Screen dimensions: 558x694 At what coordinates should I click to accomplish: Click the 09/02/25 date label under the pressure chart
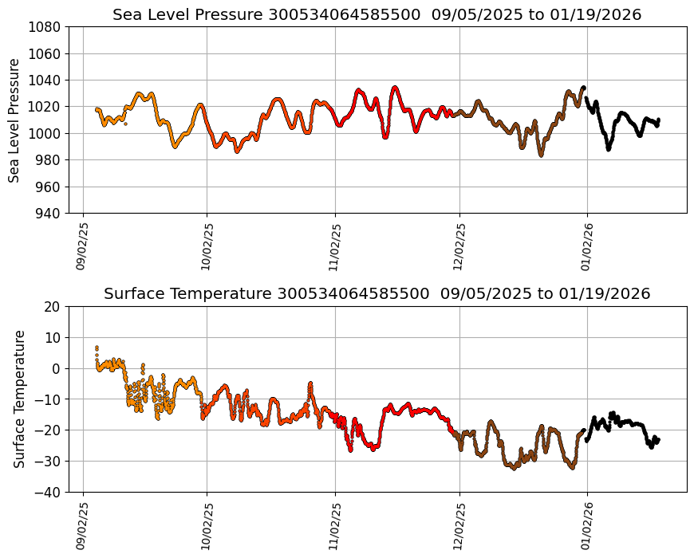(83, 246)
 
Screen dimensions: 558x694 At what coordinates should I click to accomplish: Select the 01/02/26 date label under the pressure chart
(587, 246)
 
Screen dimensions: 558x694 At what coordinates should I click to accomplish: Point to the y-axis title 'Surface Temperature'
(19, 399)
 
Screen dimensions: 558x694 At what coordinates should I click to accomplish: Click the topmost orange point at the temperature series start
(97, 348)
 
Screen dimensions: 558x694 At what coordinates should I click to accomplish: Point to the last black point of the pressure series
(658, 120)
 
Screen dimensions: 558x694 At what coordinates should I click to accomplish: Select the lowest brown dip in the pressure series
(541, 155)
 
